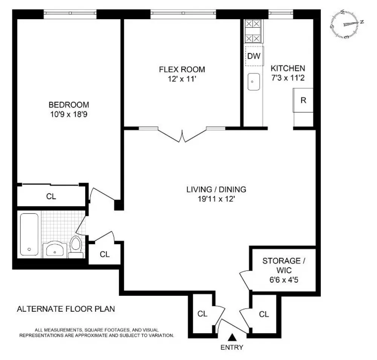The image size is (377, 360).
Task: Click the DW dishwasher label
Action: [254, 56]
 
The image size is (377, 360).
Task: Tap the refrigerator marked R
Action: [303, 100]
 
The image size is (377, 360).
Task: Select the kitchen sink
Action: [254, 82]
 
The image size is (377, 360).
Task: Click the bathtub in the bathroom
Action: [29, 234]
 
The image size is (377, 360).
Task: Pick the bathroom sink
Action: [55, 249]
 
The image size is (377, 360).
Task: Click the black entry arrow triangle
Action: [232, 337]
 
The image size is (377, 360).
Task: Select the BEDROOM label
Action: [69, 105]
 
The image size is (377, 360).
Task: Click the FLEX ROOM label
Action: [182, 69]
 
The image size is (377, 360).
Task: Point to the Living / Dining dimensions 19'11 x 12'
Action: [216, 199]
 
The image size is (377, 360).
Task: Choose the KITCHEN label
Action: [288, 68]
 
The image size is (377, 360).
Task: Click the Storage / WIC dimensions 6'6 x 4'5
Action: [284, 280]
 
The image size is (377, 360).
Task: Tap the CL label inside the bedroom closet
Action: [51, 196]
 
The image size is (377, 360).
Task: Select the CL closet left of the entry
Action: [202, 314]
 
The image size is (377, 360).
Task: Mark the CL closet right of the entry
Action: [264, 314]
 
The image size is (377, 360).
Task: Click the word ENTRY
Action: [232, 347]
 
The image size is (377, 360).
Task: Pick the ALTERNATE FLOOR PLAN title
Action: [66, 309]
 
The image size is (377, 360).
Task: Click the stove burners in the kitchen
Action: [253, 31]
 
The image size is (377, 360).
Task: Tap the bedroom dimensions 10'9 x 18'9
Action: [69, 114]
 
